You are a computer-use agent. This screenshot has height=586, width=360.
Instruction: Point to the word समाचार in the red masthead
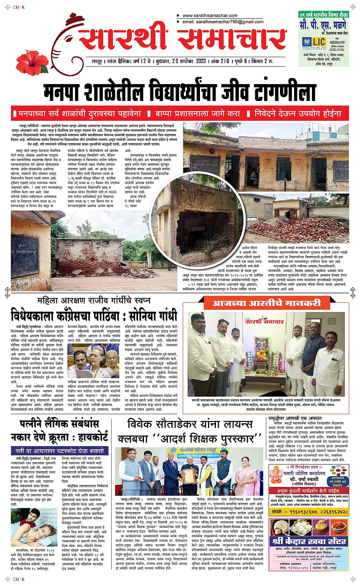coord(232,40)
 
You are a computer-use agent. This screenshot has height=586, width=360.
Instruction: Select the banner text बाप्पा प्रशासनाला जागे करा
coord(198,114)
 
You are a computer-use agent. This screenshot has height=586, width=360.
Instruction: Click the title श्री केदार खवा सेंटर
coord(309,541)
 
